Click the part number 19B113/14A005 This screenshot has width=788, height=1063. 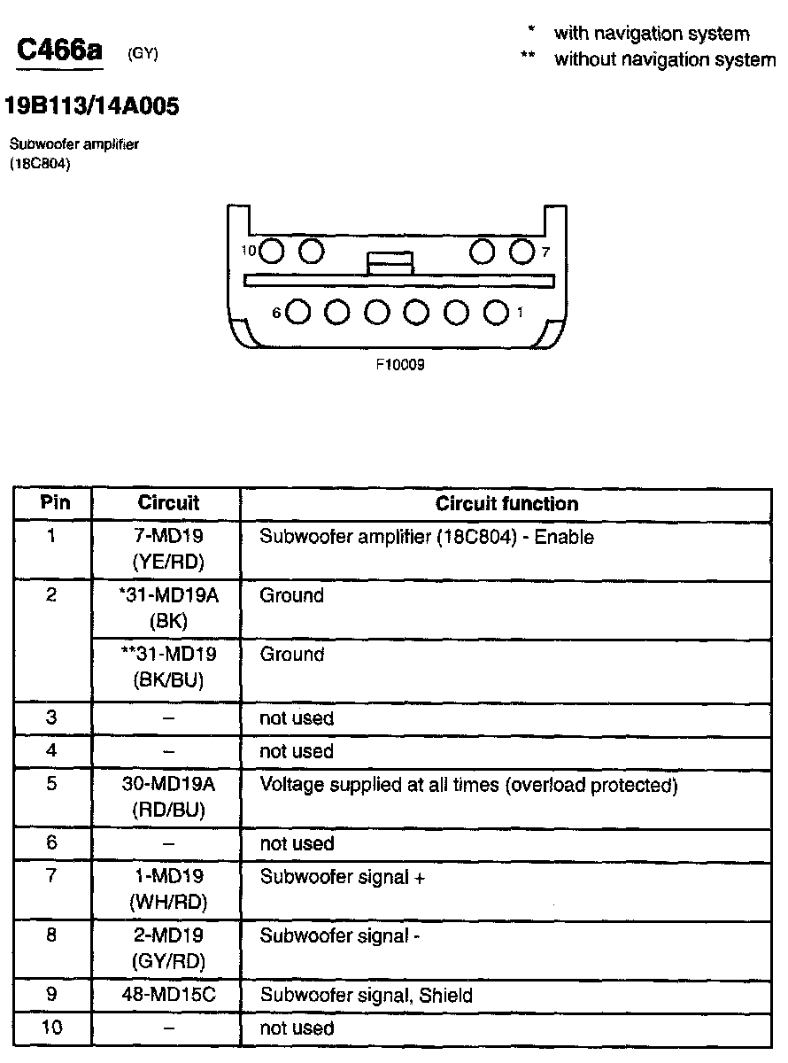(x=92, y=107)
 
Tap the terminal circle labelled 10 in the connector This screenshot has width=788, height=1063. (x=273, y=252)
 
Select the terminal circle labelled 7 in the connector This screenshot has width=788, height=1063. (x=521, y=252)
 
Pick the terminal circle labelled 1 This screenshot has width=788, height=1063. (x=497, y=312)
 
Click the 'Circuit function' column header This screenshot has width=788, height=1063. (x=506, y=504)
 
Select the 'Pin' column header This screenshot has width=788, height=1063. (x=53, y=504)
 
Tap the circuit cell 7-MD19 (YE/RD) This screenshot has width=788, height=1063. (x=168, y=549)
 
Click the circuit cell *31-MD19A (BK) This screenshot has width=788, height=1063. (x=168, y=609)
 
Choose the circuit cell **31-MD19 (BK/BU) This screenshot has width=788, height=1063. (x=168, y=667)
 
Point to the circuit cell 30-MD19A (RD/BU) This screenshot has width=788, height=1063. (x=168, y=797)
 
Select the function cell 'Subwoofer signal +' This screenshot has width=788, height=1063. (x=343, y=878)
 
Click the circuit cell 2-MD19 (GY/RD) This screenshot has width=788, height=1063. (x=168, y=948)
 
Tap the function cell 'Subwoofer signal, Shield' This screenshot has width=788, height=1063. (x=366, y=996)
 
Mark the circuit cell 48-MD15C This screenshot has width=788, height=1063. (x=168, y=996)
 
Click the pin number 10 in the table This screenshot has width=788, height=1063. (x=51, y=1028)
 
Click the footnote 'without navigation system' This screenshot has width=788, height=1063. (x=664, y=59)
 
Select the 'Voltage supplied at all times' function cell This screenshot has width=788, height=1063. (x=468, y=786)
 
